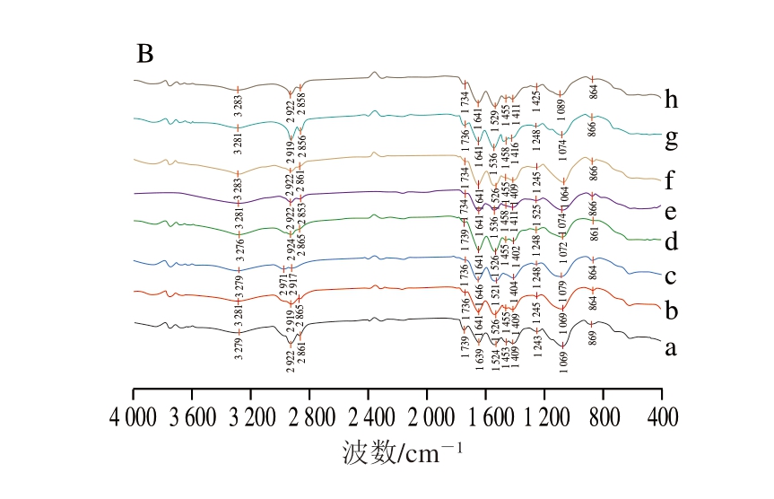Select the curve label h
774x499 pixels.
click(671, 100)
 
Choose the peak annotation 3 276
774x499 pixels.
click(239, 250)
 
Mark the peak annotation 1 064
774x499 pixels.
click(564, 196)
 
